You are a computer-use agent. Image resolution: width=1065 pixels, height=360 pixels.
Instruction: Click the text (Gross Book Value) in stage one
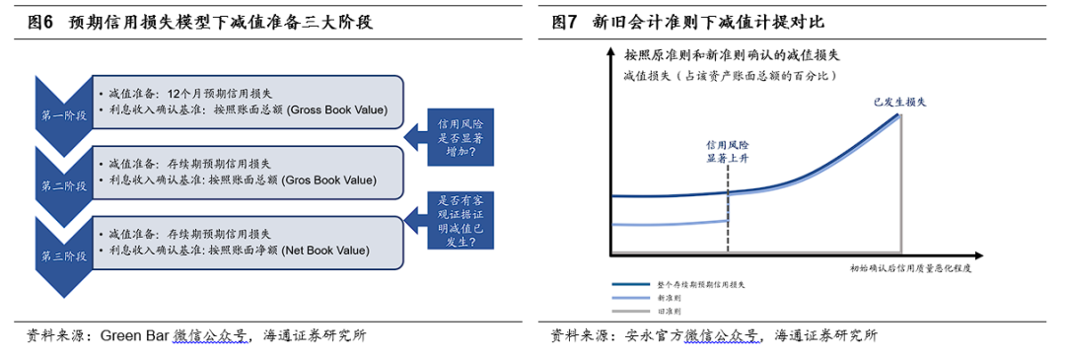coord(332,109)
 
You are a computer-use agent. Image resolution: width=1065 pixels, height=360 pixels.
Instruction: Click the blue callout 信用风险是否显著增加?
coord(460,139)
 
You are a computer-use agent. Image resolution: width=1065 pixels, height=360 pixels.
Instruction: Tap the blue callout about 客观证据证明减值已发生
coord(460,221)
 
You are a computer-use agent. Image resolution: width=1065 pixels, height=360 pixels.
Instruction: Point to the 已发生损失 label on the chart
coord(897,101)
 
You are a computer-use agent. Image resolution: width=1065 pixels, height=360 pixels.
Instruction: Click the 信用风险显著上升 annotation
coord(729,150)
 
